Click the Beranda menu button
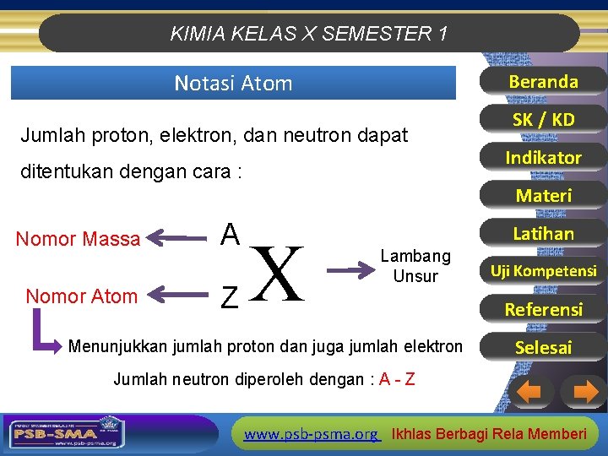pos(543,82)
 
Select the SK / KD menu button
pos(543,120)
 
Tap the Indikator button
pos(543,158)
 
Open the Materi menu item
pos(543,196)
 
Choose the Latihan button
pos(543,234)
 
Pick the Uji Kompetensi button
pos(543,271)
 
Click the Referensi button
pos(543,309)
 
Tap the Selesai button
pos(543,347)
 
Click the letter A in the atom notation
pos(230,234)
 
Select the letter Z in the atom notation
pos(229,296)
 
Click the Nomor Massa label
pos(78,240)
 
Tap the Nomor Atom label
pos(81,296)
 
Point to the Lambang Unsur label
pos(415,266)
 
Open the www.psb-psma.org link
pos(311,434)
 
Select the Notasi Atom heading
pos(233,84)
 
